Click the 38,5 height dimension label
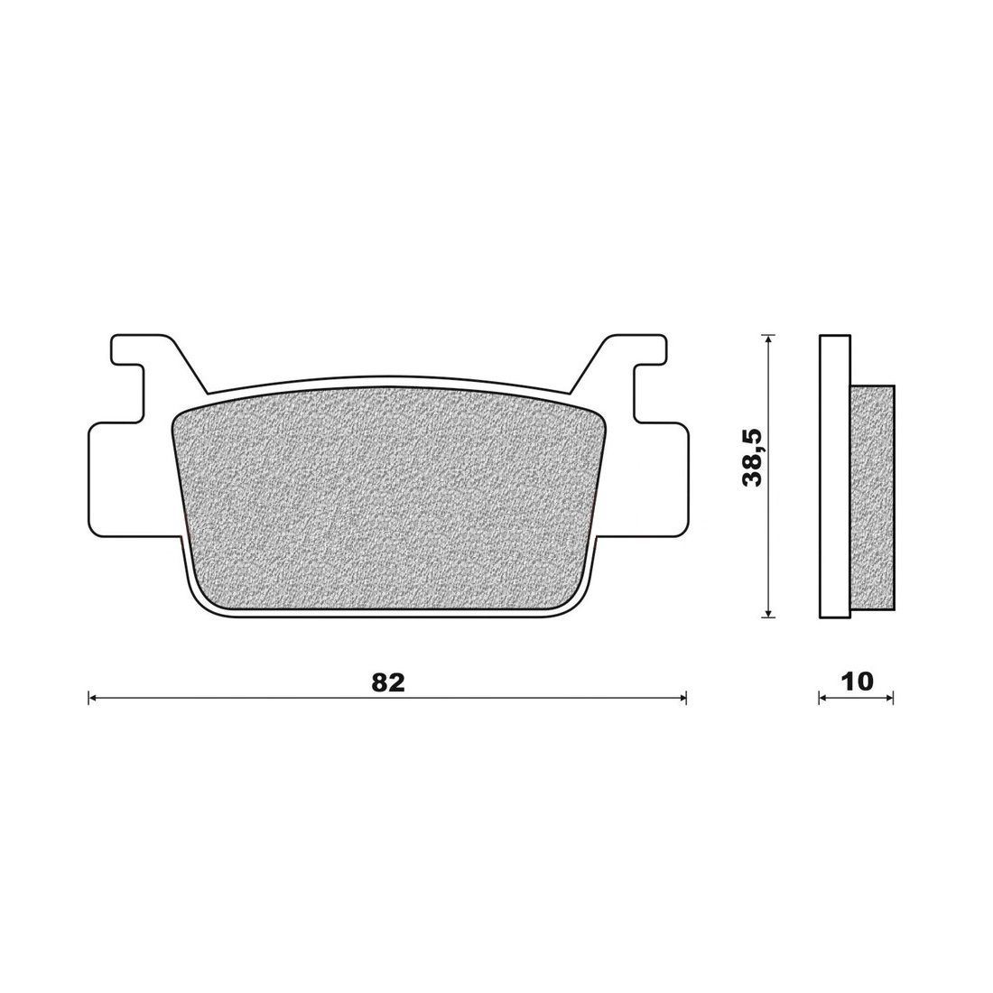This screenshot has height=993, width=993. tap(754, 457)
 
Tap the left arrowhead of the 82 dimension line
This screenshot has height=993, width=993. tap(92, 699)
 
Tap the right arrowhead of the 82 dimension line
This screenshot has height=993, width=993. tap(682, 699)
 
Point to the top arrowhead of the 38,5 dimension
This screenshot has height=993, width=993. tap(767, 339)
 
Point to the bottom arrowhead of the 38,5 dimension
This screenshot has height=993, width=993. tap(767, 612)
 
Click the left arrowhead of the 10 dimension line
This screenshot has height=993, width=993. tap(823, 699)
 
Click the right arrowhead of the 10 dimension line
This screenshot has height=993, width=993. tap(889, 699)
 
